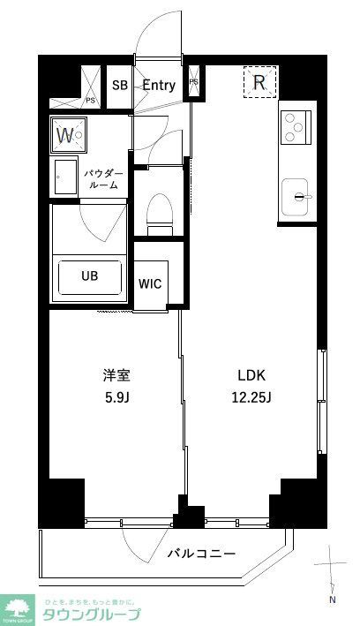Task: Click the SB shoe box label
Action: pyautogui.click(x=119, y=86)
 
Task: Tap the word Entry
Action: pyautogui.click(x=159, y=86)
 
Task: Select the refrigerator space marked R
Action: pyautogui.click(x=259, y=83)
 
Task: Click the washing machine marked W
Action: pyautogui.click(x=66, y=135)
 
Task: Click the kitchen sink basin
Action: pyautogui.click(x=297, y=195)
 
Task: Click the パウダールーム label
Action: pyautogui.click(x=102, y=180)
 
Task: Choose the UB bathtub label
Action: pyautogui.click(x=90, y=275)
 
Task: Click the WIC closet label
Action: pyautogui.click(x=149, y=284)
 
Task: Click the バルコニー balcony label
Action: pyautogui.click(x=201, y=554)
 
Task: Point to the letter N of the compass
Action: pyautogui.click(x=333, y=600)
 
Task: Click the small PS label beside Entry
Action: pyautogui.click(x=193, y=83)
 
